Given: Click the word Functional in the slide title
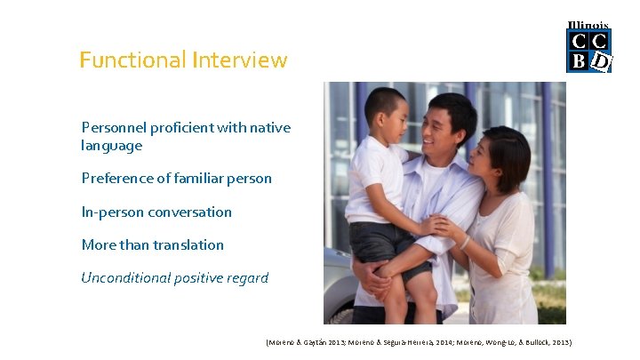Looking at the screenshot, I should (132, 60).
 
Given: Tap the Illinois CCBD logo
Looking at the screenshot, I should (588, 48).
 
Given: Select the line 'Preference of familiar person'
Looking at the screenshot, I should (176, 179).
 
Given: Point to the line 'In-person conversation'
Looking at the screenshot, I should (156, 212).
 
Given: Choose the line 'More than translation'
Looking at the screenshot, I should (152, 245).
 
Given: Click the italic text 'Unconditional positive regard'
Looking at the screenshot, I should (174, 278).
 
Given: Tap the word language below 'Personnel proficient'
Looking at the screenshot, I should (111, 145).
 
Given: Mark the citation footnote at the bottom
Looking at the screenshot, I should (418, 342).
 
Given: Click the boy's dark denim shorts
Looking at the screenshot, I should (378, 244).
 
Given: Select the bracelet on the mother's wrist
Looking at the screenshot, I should (464, 242).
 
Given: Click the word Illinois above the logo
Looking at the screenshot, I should (588, 26).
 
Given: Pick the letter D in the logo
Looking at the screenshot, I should (601, 61).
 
